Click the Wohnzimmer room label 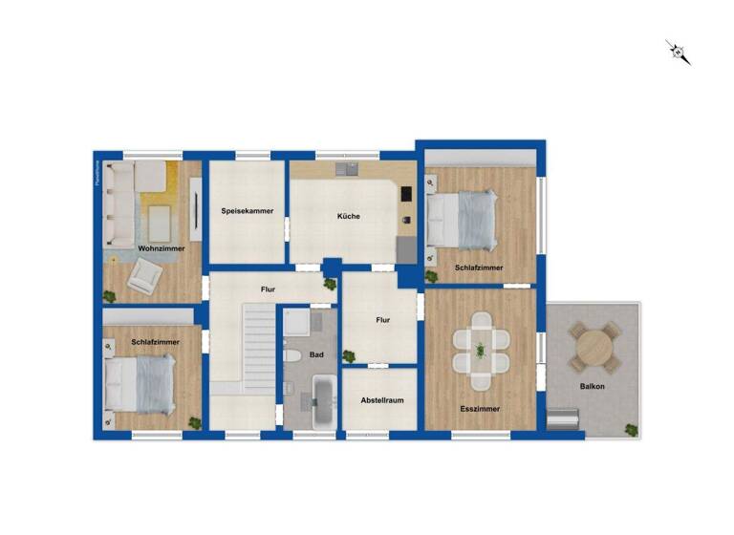161,248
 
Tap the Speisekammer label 248,210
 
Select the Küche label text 349,217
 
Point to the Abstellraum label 379,401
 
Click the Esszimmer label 480,408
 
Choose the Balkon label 592,386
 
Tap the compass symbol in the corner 679,53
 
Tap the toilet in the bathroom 293,356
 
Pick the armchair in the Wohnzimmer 145,276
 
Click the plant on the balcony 630,429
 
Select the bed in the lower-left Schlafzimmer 141,384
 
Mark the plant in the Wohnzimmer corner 109,296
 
